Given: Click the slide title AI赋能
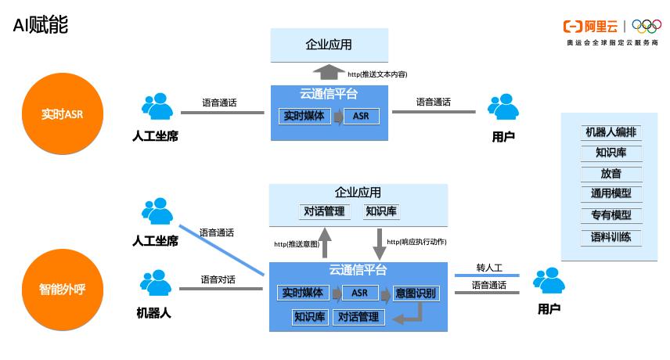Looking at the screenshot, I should [x=41, y=25].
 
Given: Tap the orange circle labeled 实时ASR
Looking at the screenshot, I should [x=62, y=114].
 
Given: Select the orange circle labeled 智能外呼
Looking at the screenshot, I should [x=62, y=289].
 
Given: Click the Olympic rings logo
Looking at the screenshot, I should [x=647, y=27].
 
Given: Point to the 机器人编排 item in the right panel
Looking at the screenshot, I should [x=611, y=132].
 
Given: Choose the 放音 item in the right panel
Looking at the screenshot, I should [x=611, y=173].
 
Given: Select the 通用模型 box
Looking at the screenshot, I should [x=611, y=193].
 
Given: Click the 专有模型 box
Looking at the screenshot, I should [x=611, y=214].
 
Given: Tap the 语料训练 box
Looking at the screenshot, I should [x=611, y=236].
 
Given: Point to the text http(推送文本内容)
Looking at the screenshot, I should [x=377, y=74].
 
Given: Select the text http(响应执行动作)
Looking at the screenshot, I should [x=416, y=242].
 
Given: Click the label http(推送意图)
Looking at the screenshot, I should [x=297, y=244].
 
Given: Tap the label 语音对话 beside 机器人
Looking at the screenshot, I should [x=218, y=279].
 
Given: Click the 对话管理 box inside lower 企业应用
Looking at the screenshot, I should [x=323, y=211].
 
